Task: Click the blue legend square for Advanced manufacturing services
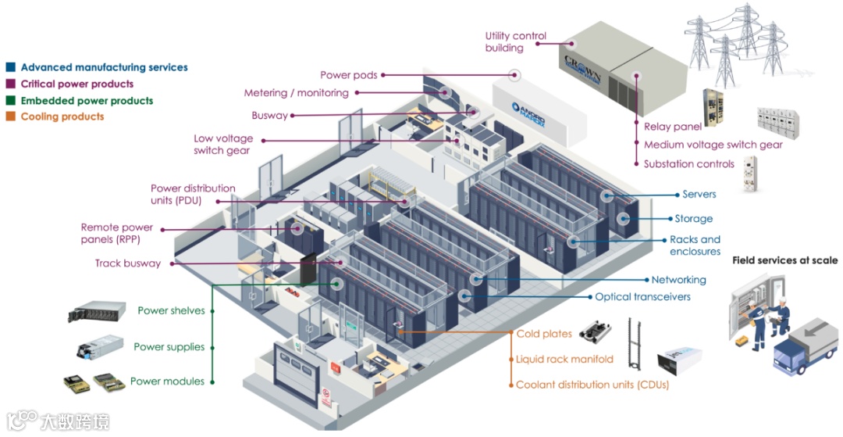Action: tap(10, 67)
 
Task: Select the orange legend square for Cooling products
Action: tap(10, 116)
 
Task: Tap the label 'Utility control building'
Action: tap(515, 41)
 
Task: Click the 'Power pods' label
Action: tap(348, 75)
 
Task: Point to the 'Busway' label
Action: tap(269, 116)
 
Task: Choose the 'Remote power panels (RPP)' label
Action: tap(117, 233)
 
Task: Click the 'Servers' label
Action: tap(699, 194)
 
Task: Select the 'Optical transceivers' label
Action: tap(642, 297)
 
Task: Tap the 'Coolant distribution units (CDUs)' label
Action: tap(592, 385)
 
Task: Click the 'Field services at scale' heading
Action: tap(784, 260)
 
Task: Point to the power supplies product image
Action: tap(101, 346)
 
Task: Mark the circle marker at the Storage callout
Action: tap(624, 219)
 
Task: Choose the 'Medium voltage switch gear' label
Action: tap(713, 145)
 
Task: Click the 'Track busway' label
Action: tap(128, 263)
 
